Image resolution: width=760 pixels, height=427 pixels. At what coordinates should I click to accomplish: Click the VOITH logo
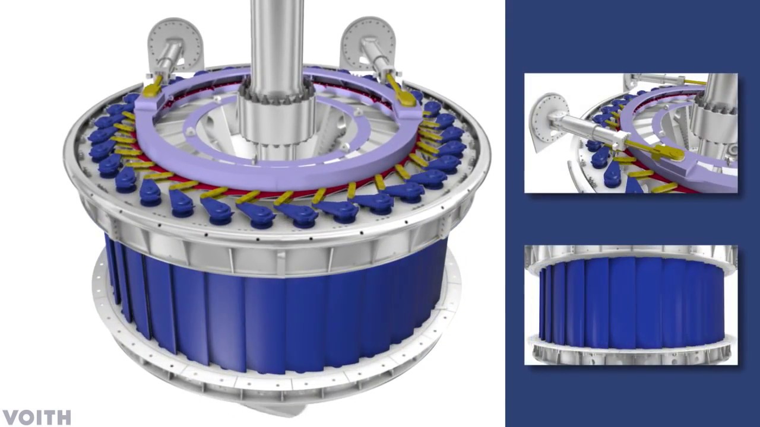pos(37,418)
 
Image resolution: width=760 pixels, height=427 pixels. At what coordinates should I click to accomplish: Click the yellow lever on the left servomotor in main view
pos(153,87)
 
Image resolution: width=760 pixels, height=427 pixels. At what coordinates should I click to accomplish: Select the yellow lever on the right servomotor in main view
pos(400,92)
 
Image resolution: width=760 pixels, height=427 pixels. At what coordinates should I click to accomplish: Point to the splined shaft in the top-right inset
pos(715,119)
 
